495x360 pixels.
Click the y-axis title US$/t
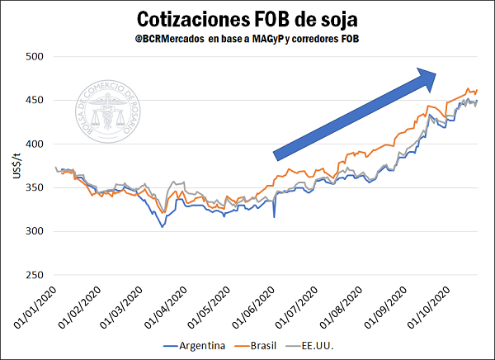[x=12, y=166]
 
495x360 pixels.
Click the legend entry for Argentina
[x=196, y=345]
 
